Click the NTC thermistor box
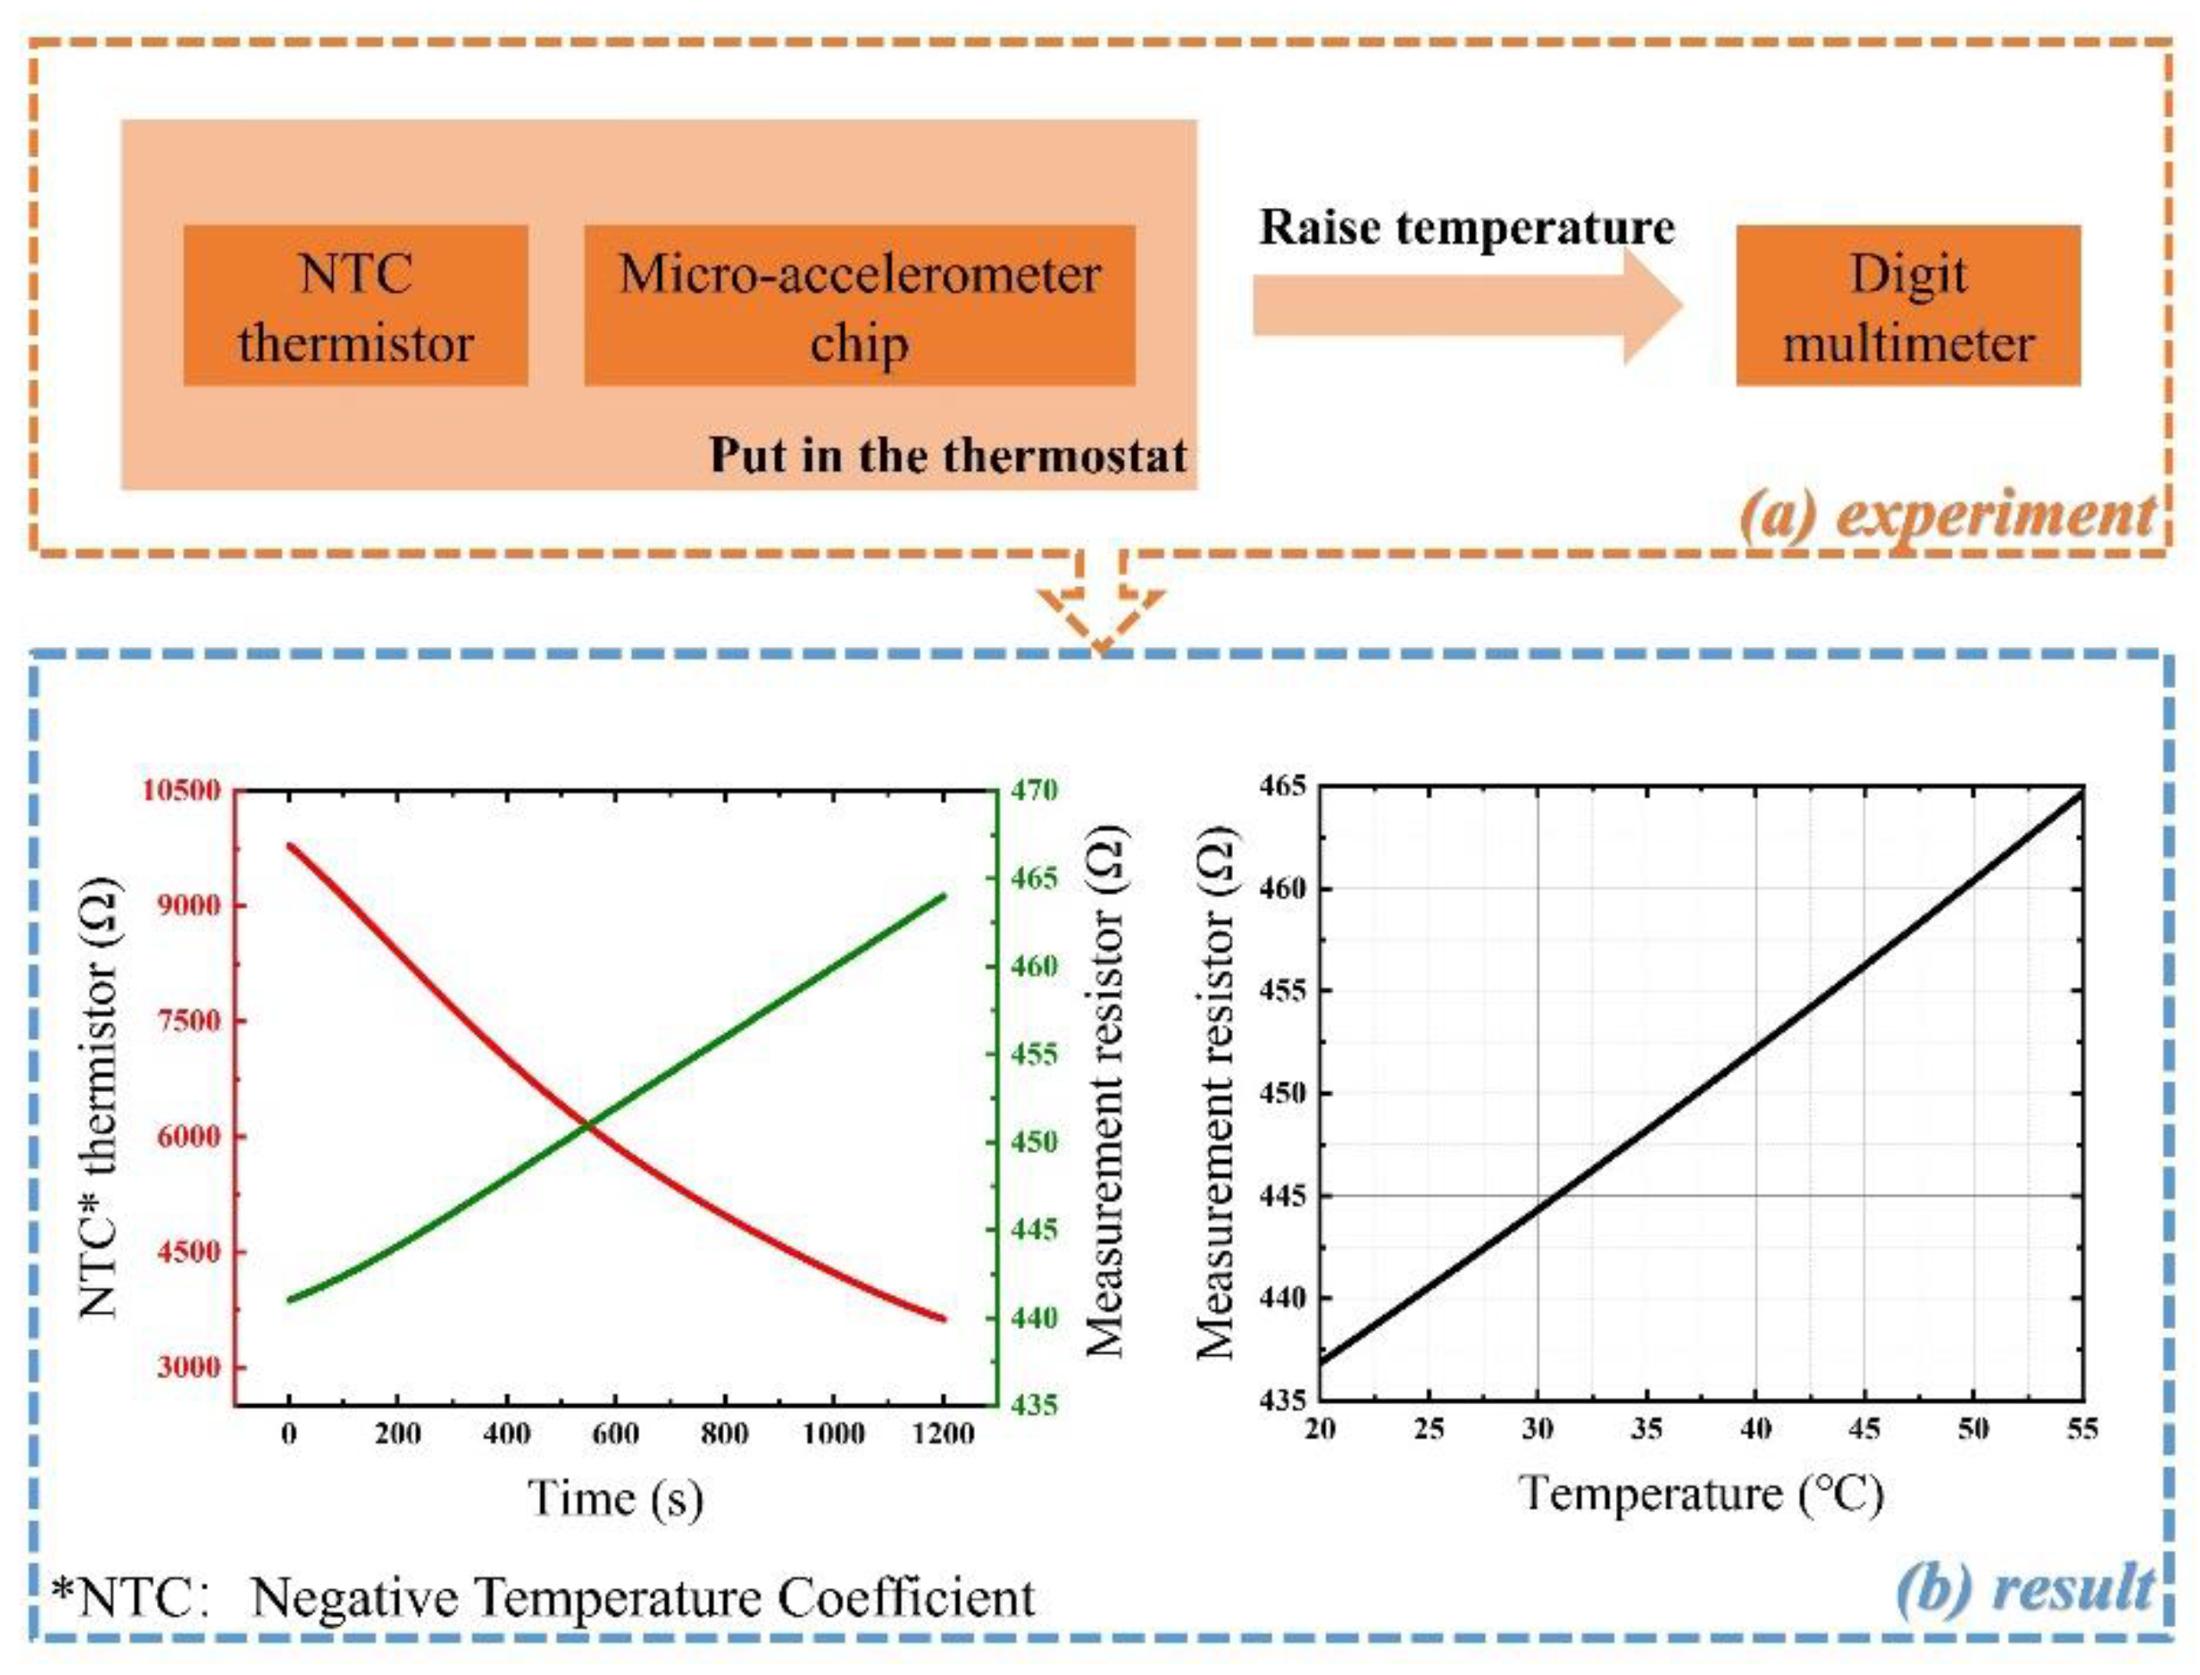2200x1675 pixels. [355, 305]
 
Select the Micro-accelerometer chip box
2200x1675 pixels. [858, 305]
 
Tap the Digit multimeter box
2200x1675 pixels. [1907, 305]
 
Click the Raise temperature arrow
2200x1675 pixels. [1466, 305]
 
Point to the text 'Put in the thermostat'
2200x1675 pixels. [947, 455]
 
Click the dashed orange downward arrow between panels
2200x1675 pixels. [1100, 608]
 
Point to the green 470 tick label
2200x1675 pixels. [1034, 791]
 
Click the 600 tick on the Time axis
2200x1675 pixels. [615, 1433]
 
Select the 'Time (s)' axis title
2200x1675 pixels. [615, 1497]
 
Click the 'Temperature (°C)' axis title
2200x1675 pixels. [1700, 1494]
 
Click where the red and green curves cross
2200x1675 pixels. [588, 1126]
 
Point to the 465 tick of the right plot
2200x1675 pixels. [1284, 787]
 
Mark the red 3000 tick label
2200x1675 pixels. [187, 1367]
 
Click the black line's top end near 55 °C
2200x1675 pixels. [2080, 793]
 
